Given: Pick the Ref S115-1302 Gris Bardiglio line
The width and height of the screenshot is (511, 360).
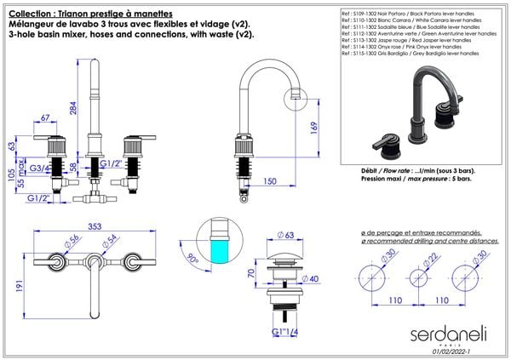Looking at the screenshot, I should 408,53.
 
